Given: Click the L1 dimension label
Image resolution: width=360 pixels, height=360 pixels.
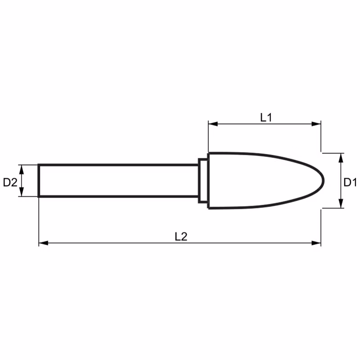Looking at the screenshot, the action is [x=266, y=117].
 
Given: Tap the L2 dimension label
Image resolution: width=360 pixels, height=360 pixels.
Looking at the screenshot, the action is [x=181, y=237].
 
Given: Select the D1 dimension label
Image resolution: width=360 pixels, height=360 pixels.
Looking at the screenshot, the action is [x=350, y=182].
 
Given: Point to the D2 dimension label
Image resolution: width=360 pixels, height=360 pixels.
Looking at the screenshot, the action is [x=10, y=182].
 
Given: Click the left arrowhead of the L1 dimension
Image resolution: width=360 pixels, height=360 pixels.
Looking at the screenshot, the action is [x=213, y=124].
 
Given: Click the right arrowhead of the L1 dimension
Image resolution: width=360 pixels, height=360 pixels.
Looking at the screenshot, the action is [x=316, y=124].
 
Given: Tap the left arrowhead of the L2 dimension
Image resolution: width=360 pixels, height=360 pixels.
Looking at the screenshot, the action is [x=43, y=243].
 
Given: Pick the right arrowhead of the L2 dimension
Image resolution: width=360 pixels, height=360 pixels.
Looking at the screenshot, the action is [x=316, y=243].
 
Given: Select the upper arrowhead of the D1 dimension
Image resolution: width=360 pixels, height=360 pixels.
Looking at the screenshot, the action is [x=341, y=158].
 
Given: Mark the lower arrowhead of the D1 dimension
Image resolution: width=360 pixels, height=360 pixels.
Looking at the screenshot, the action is [x=341, y=203].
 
